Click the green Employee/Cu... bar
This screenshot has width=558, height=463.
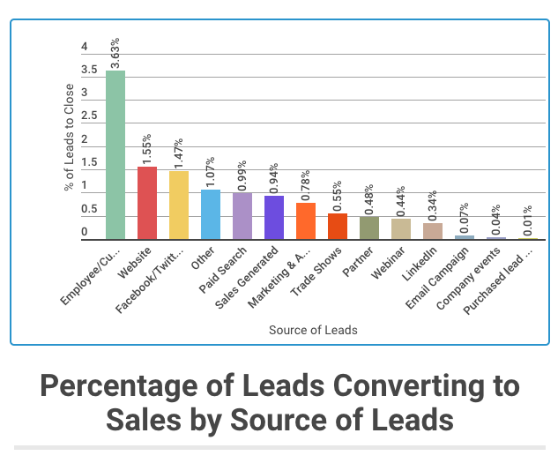click(115, 154)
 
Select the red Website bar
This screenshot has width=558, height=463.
click(146, 203)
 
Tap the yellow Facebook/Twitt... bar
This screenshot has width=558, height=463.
click(179, 205)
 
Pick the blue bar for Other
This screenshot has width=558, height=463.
click(210, 214)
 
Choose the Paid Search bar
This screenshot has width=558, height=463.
click(242, 216)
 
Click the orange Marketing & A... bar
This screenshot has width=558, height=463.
click(306, 220)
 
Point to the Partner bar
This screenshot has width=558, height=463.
click(369, 228)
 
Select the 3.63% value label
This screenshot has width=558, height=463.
click(115, 53)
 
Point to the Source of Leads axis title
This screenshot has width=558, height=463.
click(313, 330)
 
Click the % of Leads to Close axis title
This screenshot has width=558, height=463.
click(70, 138)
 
